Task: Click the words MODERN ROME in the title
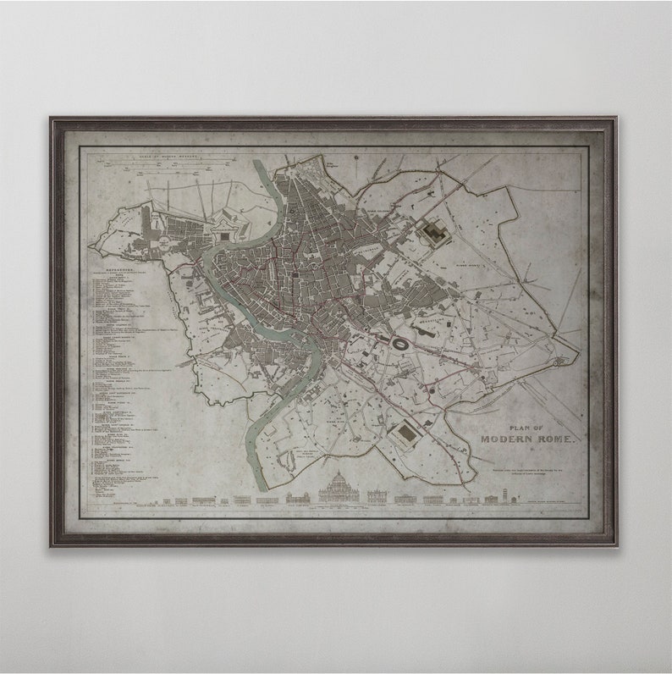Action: [x=527, y=439]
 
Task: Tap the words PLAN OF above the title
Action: [x=526, y=428]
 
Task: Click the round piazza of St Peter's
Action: [x=160, y=246]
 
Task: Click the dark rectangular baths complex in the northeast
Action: [x=436, y=230]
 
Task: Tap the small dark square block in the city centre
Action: [x=295, y=274]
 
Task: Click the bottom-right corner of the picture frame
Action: [x=615, y=545]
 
